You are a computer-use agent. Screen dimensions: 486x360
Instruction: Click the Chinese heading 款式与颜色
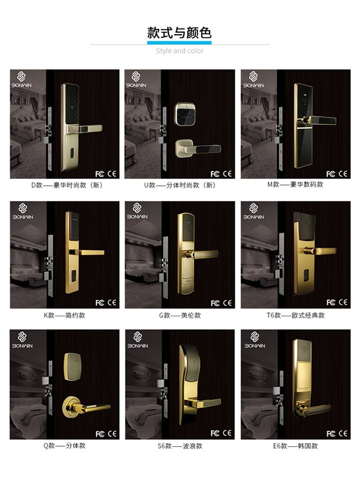[179, 32]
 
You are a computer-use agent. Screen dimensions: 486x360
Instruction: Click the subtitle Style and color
[179, 50]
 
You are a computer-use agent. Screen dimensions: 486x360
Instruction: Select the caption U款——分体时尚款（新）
[179, 185]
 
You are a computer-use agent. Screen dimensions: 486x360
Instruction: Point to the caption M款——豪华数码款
[295, 184]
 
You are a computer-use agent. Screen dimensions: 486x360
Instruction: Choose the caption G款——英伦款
[179, 316]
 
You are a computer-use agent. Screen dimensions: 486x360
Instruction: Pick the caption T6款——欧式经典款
[295, 316]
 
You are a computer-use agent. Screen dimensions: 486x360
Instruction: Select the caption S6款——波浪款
[179, 446]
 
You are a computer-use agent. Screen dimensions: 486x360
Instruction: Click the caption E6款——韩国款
[295, 446]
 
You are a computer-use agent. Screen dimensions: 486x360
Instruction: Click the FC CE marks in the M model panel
[337, 173]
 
